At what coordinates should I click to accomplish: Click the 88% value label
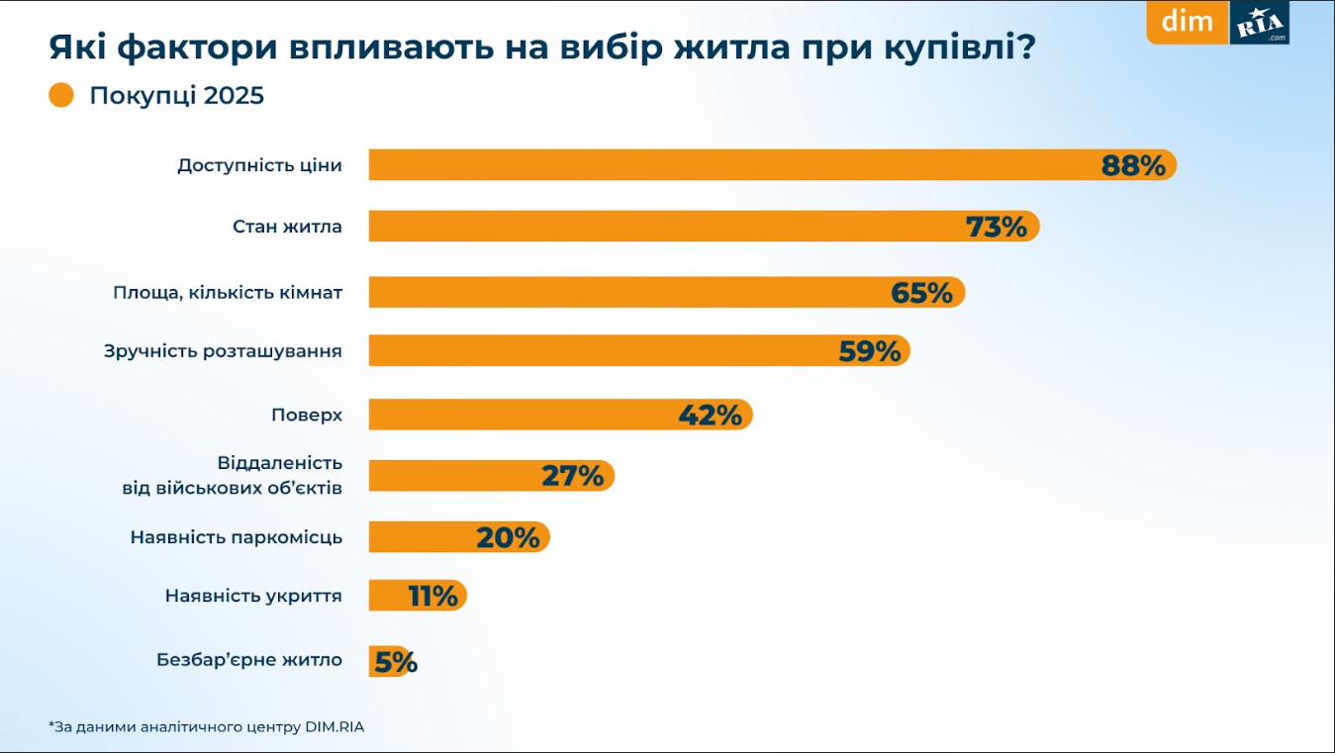click(1133, 165)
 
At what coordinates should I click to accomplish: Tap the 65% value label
click(921, 293)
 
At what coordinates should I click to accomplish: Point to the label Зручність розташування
click(223, 351)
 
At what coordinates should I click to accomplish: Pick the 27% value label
click(572, 476)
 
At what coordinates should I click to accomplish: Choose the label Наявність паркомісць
click(236, 537)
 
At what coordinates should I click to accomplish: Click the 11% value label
click(432, 596)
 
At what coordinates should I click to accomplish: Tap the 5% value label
click(396, 662)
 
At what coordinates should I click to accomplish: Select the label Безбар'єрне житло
click(248, 659)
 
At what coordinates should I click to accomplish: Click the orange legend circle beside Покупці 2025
click(61, 96)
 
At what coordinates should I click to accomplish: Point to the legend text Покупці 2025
click(176, 96)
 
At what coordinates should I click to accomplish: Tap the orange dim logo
click(1188, 22)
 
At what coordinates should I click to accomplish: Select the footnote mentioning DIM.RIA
click(206, 727)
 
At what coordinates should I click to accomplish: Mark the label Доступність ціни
click(259, 165)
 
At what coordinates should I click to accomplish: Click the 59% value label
click(869, 351)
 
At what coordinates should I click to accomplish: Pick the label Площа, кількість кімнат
click(228, 293)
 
